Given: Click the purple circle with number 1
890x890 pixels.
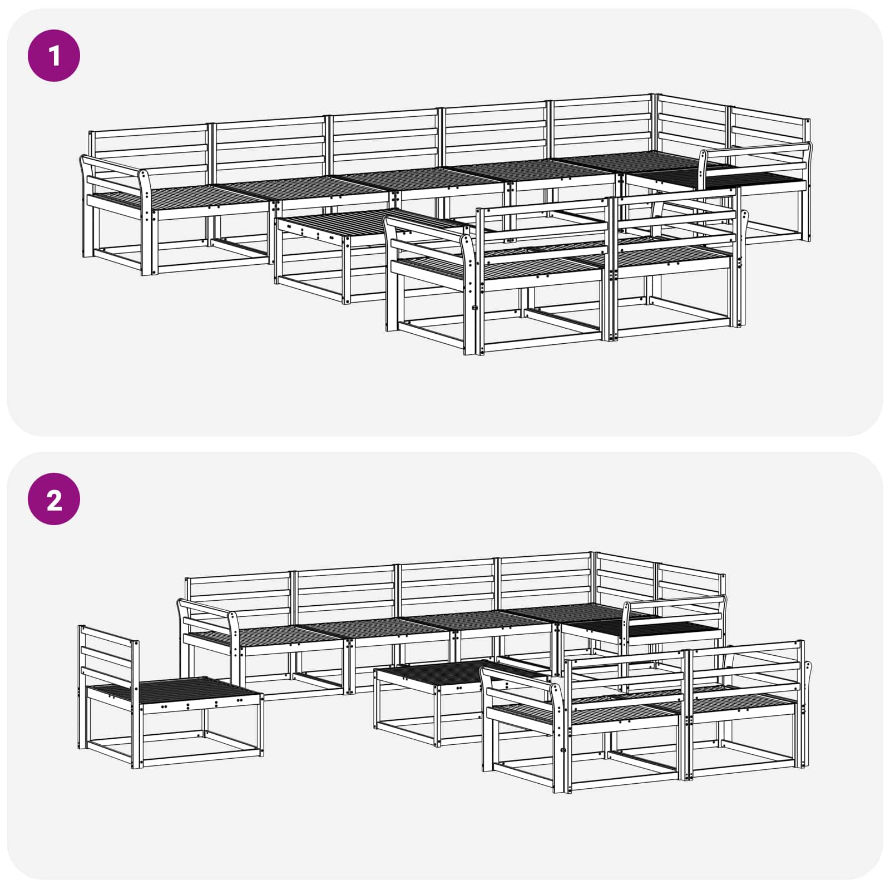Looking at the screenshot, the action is (54, 56).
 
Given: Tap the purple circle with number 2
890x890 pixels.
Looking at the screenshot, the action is (54, 499).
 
